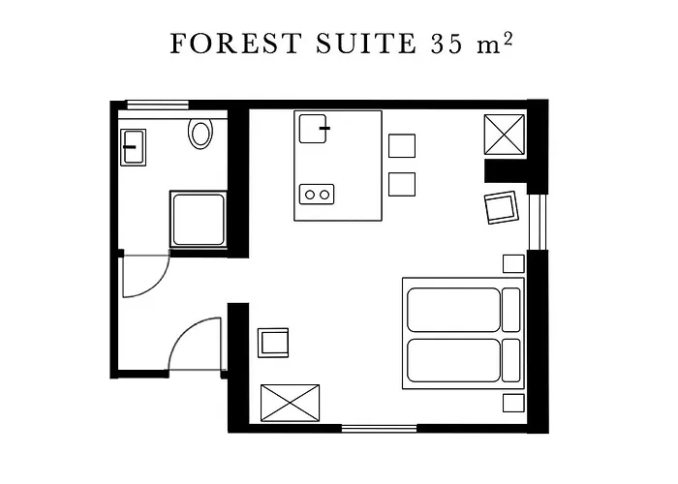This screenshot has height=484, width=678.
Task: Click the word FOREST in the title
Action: pos(235,44)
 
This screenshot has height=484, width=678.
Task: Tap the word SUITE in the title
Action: pos(366,44)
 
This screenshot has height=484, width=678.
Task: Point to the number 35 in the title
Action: pos(447,44)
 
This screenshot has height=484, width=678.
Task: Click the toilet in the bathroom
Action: pos(200,134)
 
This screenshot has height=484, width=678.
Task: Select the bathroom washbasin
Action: pos(134,147)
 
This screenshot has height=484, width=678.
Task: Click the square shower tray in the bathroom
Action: pos(199,220)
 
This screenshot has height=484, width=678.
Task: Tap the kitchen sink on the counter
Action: pos(313,129)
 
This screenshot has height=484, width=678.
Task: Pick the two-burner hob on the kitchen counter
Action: pos(317,195)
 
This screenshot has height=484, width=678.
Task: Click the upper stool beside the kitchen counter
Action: pos(402,145)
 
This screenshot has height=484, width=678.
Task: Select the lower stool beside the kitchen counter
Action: pos(402,184)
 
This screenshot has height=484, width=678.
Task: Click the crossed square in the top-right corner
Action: pos(505,135)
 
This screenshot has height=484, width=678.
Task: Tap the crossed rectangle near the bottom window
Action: pos(291,403)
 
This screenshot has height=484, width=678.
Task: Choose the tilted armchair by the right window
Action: pos(501,207)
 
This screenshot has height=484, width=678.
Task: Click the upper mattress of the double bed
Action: pos(453,310)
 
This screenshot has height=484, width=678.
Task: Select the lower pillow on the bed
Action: pos(511,360)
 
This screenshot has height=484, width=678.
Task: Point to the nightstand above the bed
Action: pos(513,263)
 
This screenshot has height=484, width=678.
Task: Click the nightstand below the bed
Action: pos(513,403)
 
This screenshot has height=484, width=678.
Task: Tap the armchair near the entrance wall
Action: pos(273,343)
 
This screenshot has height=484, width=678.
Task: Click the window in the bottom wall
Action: pos(380,428)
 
